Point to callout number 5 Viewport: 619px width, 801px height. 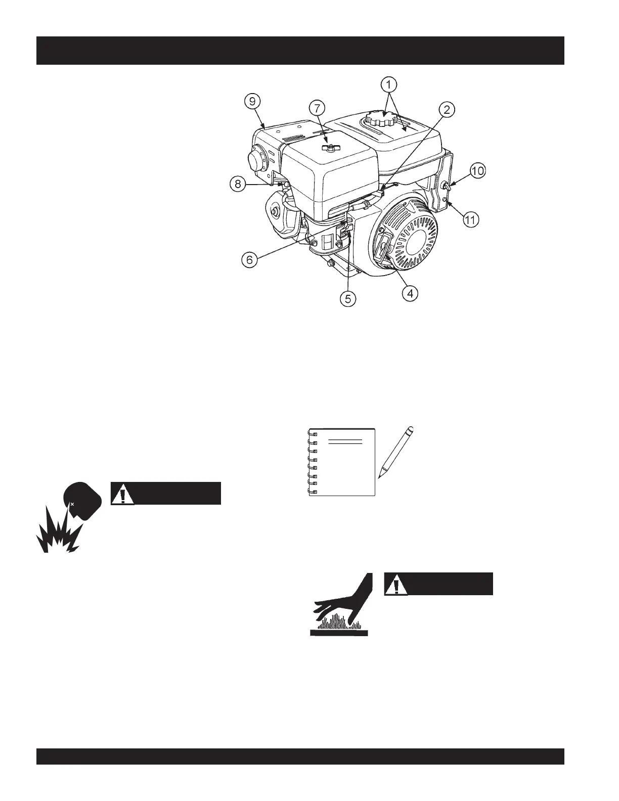pyautogui.click(x=347, y=299)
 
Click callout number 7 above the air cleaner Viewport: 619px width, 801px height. pyautogui.click(x=317, y=108)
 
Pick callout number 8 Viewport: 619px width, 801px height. pyautogui.click(x=238, y=185)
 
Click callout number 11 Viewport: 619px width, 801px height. pyautogui.click(x=470, y=220)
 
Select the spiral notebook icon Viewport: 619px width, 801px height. pyautogui.click(x=342, y=462)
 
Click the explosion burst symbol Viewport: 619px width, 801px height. pyautogui.click(x=57, y=534)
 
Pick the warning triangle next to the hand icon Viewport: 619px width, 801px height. pyautogui.click(x=396, y=584)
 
